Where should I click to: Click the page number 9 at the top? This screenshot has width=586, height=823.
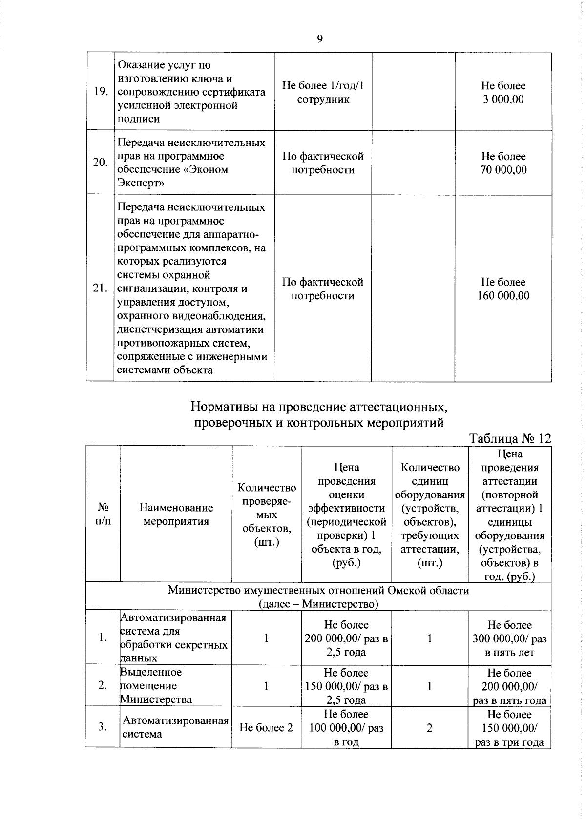coord(319,39)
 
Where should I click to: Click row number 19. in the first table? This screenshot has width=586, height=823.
coord(101,92)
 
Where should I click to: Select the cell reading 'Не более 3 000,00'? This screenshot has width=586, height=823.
coord(503,92)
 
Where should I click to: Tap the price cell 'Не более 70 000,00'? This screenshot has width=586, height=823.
coord(503,163)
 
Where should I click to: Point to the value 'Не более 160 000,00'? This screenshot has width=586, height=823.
coord(503,288)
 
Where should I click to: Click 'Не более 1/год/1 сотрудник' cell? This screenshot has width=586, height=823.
coord(323,92)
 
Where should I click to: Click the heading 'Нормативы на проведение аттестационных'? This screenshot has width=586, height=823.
coord(318,406)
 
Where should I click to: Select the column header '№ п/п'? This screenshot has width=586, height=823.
coord(103,514)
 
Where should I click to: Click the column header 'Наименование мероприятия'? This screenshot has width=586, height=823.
coord(176,514)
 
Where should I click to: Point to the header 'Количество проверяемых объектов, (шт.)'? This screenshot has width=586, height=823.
coord(267,514)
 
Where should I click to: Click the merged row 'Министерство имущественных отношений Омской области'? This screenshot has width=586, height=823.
coord(318,597)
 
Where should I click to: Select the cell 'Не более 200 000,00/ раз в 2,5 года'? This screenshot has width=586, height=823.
coord(346,638)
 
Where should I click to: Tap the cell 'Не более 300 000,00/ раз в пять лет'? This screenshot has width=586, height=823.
coord(509,638)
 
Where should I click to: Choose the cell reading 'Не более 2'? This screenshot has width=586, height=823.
coord(266,727)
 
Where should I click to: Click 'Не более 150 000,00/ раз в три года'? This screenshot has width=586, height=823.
coord(509,728)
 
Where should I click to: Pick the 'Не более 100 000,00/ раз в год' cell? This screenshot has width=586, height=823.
coord(346,728)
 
